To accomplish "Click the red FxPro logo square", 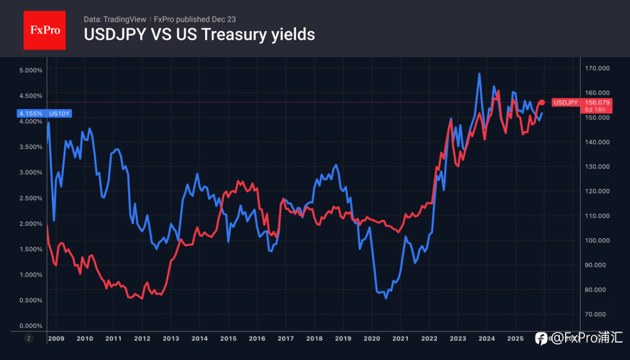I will (x=44, y=30).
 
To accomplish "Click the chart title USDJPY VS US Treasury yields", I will (x=199, y=34).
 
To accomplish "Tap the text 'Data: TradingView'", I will (x=115, y=19).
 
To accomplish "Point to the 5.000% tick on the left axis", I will (x=31, y=70).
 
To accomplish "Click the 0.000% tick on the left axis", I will (x=31, y=326).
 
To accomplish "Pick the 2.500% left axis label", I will (x=31, y=198).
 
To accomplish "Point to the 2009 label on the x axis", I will (x=56, y=338).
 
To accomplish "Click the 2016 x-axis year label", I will (x=257, y=338).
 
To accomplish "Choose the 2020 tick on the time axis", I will (x=372, y=338).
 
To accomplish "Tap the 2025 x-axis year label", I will (x=515, y=338).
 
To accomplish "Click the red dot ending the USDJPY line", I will (x=542, y=102).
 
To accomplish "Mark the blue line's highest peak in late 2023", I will (x=479, y=74).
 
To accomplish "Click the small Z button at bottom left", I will (x=29, y=338).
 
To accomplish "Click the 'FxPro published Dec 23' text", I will (x=195, y=19).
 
